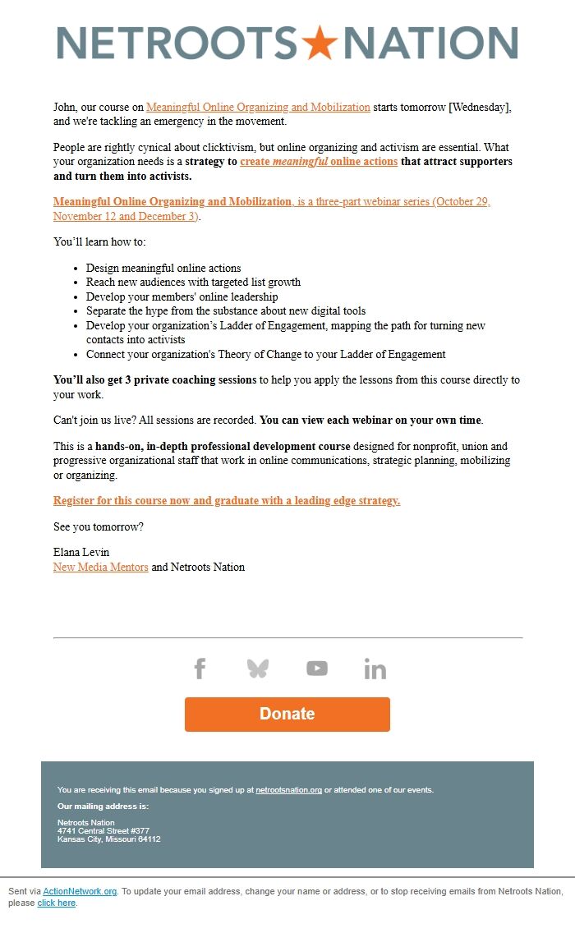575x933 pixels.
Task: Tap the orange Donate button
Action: click(x=287, y=714)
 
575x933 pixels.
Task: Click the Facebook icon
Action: click(x=200, y=669)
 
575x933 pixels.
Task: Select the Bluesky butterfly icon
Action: click(x=258, y=669)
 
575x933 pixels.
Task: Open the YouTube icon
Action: click(x=317, y=669)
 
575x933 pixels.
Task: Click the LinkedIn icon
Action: click(x=375, y=669)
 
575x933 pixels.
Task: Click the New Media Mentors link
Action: click(x=100, y=567)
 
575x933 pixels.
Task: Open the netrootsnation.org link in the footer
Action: click(x=288, y=790)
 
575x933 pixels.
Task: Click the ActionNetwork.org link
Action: click(x=80, y=891)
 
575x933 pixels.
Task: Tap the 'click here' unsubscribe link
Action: click(x=56, y=903)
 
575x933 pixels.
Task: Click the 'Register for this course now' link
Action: click(x=227, y=500)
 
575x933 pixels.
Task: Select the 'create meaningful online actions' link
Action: click(x=319, y=162)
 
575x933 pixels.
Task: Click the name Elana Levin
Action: click(x=81, y=552)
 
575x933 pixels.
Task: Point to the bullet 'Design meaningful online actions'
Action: click(x=163, y=268)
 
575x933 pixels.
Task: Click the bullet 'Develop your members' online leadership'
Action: click(x=182, y=296)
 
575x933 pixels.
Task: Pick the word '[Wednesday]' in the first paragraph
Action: click(x=480, y=107)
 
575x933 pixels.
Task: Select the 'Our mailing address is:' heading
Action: click(x=103, y=807)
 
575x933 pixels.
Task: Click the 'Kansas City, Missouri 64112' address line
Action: click(x=108, y=839)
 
